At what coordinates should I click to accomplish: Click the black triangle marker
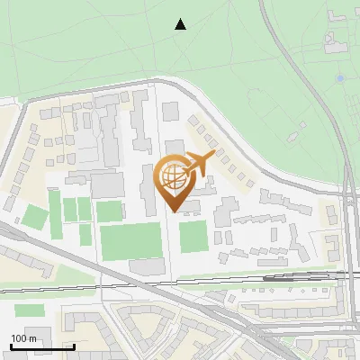tap(181, 24)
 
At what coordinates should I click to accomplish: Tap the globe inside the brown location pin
tap(173, 178)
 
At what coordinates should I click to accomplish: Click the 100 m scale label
tap(23, 337)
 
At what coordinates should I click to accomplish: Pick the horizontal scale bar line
tap(42, 346)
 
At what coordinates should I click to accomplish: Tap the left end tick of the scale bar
tap(11, 345)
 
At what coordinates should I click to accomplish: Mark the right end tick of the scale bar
tap(74, 345)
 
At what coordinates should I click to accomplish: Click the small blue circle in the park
tap(339, 79)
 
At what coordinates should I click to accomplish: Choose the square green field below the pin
tap(193, 237)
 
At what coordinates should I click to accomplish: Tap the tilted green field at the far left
tap(33, 217)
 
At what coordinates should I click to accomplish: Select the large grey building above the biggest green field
tap(108, 184)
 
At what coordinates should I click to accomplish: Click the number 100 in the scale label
tap(19, 337)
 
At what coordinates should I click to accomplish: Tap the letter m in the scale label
tap(32, 338)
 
